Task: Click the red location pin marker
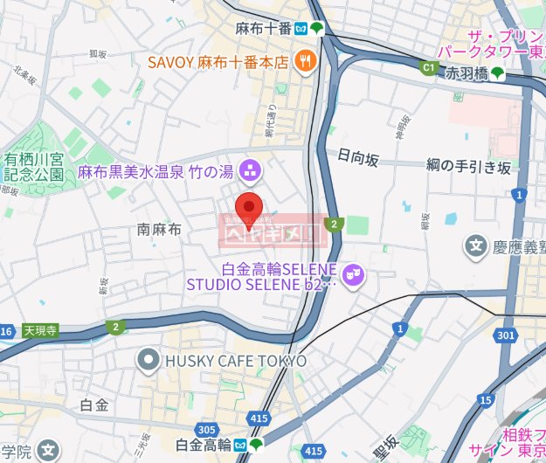coord(250,209)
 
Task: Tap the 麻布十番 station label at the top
coord(263,28)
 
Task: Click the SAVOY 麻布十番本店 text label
coord(218,62)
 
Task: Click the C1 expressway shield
coord(428,66)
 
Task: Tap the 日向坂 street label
coord(358,158)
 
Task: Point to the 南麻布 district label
coord(159,230)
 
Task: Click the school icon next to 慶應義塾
coord(477,248)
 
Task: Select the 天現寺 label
coord(39,331)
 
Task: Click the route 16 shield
coord(6,331)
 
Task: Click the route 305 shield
coord(207,429)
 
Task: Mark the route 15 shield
coord(485,400)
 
